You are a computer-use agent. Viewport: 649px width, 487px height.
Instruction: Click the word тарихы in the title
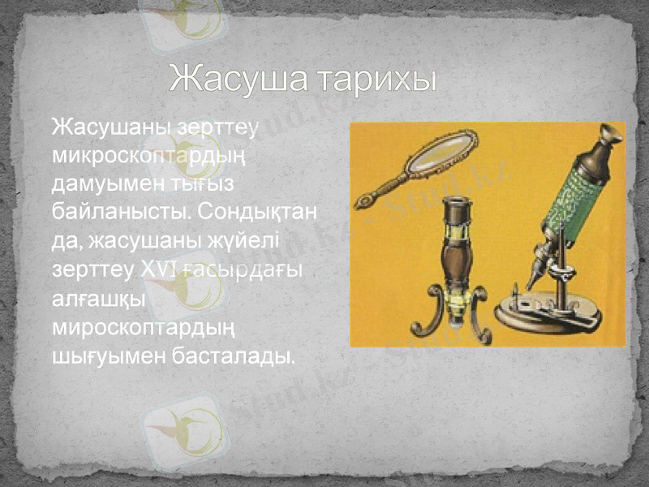[x=376, y=80]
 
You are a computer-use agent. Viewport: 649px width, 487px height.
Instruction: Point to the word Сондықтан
[x=259, y=213]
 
